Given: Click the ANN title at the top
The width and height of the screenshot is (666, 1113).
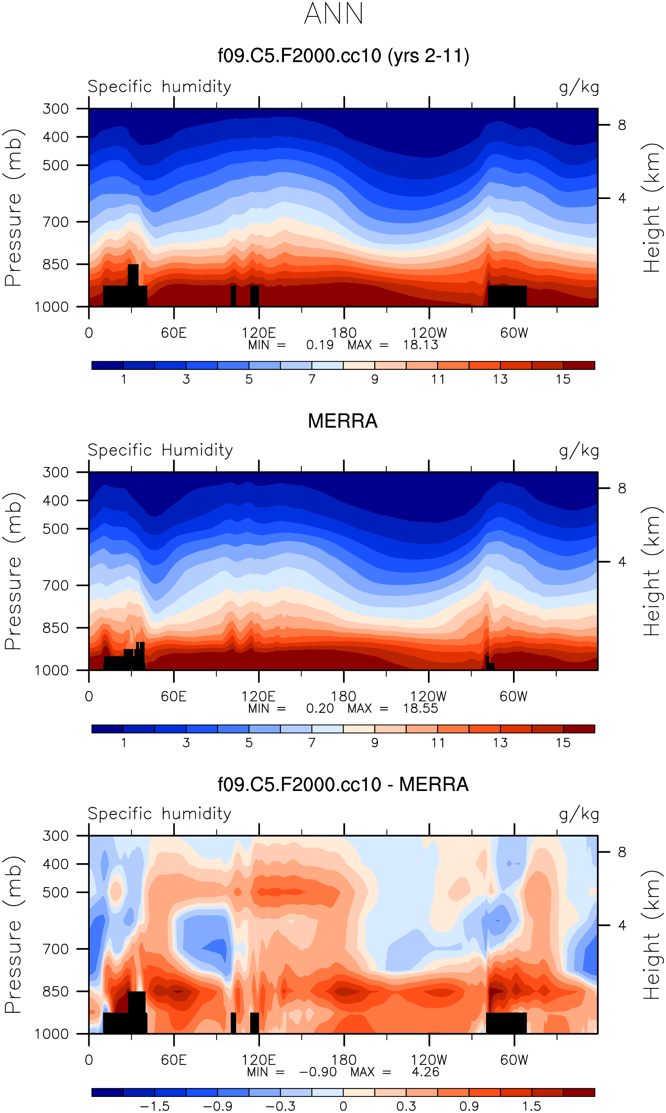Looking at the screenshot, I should (x=333, y=13).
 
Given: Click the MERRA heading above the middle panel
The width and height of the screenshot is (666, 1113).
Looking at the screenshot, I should (x=342, y=421).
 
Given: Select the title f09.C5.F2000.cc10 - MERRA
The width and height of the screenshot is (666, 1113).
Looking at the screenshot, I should (x=343, y=785).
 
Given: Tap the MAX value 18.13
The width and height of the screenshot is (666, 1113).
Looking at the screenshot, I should (x=420, y=344).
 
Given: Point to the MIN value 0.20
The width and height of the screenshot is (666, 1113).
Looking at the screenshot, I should (x=320, y=708).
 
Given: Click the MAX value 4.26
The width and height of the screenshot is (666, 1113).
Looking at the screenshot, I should (x=425, y=1072).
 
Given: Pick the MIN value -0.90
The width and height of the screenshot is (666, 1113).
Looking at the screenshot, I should (x=317, y=1072).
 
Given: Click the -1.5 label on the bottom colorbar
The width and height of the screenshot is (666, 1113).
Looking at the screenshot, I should (x=155, y=1106).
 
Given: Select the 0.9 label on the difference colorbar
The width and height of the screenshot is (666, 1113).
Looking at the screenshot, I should (x=468, y=1106).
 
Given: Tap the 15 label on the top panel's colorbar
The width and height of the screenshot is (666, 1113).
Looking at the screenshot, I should (x=563, y=379).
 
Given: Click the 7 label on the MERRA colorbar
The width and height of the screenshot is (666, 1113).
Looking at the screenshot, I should (x=312, y=742).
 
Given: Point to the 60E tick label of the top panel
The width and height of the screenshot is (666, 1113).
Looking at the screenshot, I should (x=174, y=333).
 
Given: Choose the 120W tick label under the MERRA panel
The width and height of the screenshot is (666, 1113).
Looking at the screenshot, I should (x=428, y=696).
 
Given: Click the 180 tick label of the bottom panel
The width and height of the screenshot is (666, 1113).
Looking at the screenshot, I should (x=344, y=1060).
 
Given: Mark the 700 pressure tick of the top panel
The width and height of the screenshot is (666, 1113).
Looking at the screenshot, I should (x=56, y=222).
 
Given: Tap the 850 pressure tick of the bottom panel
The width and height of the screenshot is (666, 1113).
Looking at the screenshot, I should (x=56, y=991).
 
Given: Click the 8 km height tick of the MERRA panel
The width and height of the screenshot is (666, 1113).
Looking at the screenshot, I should (x=621, y=488).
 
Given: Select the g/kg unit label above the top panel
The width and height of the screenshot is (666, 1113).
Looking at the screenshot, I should (x=579, y=87).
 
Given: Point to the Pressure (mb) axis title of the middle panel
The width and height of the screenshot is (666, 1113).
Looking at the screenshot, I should (x=13, y=571).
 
